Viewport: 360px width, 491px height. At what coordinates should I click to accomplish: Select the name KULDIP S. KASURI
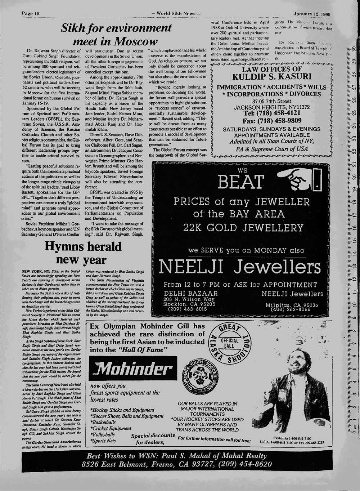click(271, 76)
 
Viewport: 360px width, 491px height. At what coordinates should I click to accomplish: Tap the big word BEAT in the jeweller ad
click(241, 182)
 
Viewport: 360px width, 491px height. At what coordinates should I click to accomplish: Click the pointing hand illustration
click(296, 179)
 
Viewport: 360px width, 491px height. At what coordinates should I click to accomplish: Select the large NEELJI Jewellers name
click(239, 267)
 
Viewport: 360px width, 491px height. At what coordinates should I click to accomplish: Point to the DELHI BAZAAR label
click(191, 294)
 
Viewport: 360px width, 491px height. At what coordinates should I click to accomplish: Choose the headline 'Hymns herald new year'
click(83, 253)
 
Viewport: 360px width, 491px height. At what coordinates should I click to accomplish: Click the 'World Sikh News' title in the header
click(176, 14)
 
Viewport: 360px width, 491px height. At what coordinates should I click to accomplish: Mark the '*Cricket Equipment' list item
click(111, 428)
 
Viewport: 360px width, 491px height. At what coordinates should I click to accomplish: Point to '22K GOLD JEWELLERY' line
click(243, 228)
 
